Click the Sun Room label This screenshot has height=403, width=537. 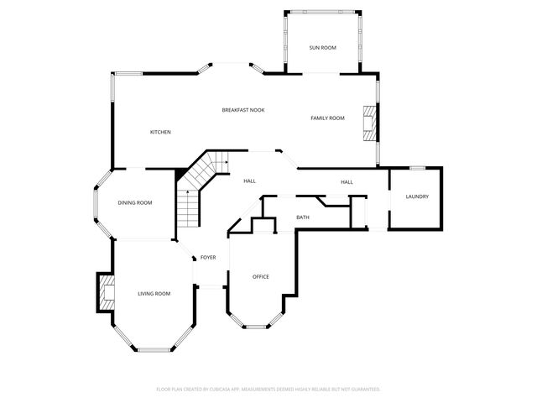[322, 48]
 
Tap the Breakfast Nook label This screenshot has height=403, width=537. [243, 110]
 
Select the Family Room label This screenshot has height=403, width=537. [327, 118]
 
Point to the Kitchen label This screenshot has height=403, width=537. [160, 132]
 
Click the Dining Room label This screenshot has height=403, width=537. [134, 202]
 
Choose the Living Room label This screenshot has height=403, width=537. [154, 293]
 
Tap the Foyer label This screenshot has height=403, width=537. [208, 257]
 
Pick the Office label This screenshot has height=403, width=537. [261, 276]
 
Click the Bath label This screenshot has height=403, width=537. [303, 217]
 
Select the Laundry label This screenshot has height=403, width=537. [417, 196]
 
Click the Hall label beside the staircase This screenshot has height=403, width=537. [249, 181]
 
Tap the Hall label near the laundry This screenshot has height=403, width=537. [347, 182]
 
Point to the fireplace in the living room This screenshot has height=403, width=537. [106, 293]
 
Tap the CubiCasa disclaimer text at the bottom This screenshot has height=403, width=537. [268, 389]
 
